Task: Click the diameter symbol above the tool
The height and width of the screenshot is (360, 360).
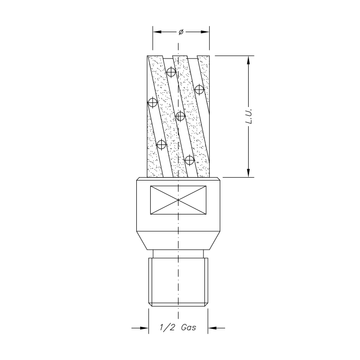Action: click(x=181, y=32)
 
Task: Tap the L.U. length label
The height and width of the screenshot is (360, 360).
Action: click(x=249, y=116)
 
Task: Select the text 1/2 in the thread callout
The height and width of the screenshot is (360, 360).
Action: click(x=166, y=327)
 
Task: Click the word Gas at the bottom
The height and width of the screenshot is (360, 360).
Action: click(x=188, y=327)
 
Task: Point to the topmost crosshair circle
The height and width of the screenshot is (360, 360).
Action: click(x=171, y=72)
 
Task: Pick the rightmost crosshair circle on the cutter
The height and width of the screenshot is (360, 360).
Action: click(x=199, y=89)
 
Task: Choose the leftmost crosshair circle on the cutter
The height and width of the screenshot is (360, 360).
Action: click(x=153, y=102)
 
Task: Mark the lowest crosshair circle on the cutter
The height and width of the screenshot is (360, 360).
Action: click(x=189, y=160)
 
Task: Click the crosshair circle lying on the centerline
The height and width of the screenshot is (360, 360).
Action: click(x=180, y=116)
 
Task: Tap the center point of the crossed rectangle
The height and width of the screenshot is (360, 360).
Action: click(x=178, y=200)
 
